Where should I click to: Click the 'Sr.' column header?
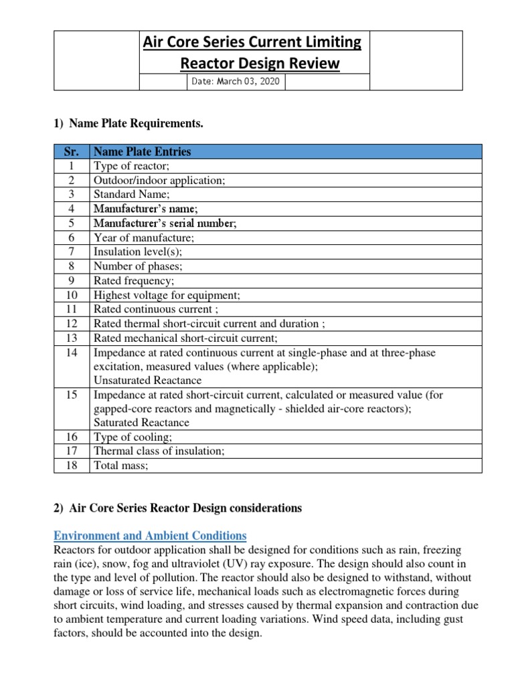(x=71, y=151)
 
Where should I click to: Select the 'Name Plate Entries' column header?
(x=142, y=151)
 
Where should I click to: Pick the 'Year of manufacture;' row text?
(x=144, y=237)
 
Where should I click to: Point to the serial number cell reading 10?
(x=71, y=295)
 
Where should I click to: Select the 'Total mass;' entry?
(x=120, y=466)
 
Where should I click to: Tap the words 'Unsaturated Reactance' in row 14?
(x=147, y=380)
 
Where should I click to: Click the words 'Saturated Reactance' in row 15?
(x=141, y=423)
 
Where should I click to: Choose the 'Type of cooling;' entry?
(x=128, y=437)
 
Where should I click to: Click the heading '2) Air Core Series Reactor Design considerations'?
(x=177, y=508)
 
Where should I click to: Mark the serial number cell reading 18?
(x=71, y=466)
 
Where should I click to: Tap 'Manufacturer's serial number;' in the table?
(x=165, y=223)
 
